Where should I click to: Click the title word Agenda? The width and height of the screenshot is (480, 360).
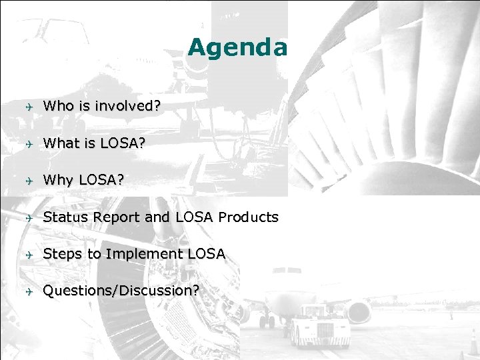(237, 47)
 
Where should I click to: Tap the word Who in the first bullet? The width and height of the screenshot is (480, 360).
(57, 105)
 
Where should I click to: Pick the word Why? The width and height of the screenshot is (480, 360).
(58, 180)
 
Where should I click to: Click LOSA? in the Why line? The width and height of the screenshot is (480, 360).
(100, 180)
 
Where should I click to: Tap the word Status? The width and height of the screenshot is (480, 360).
(64, 217)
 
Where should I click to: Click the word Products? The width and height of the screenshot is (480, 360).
(248, 217)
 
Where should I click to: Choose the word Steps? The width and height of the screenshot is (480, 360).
(61, 254)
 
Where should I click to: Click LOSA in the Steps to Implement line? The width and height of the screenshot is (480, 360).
(206, 254)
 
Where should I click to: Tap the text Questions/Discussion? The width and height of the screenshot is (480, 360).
(120, 291)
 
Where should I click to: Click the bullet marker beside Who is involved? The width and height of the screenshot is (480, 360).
(28, 106)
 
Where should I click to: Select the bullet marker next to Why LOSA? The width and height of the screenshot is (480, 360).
(28, 181)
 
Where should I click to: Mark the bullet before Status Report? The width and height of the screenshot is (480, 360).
(28, 218)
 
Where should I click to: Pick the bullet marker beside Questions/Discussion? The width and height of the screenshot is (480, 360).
(28, 291)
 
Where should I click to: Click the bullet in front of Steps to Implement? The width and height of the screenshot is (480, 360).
(28, 255)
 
